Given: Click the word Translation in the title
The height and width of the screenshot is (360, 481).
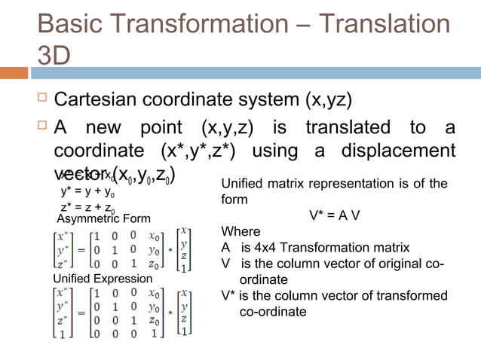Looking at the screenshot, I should (x=384, y=24).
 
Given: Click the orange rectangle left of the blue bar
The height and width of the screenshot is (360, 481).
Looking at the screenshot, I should (x=14, y=73).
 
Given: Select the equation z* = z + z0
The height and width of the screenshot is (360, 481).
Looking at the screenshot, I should (x=87, y=208).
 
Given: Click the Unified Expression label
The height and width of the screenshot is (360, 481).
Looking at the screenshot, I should (x=92, y=279).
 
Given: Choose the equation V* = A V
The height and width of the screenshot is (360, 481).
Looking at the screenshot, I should (x=334, y=215).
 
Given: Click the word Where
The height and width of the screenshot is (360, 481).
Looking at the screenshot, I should (x=240, y=231).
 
